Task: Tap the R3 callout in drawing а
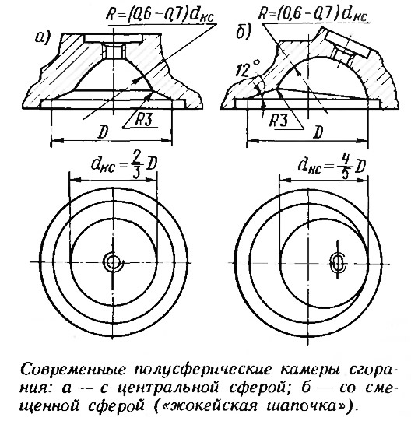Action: pos(143,119)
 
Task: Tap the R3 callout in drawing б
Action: pos(279,121)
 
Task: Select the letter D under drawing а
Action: pos(103,132)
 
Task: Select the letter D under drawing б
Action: pos(318,132)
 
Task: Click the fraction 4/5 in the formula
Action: pos(346,167)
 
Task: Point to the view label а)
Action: pos(42,37)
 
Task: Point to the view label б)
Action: pos(243,32)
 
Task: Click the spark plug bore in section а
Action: pos(113,51)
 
